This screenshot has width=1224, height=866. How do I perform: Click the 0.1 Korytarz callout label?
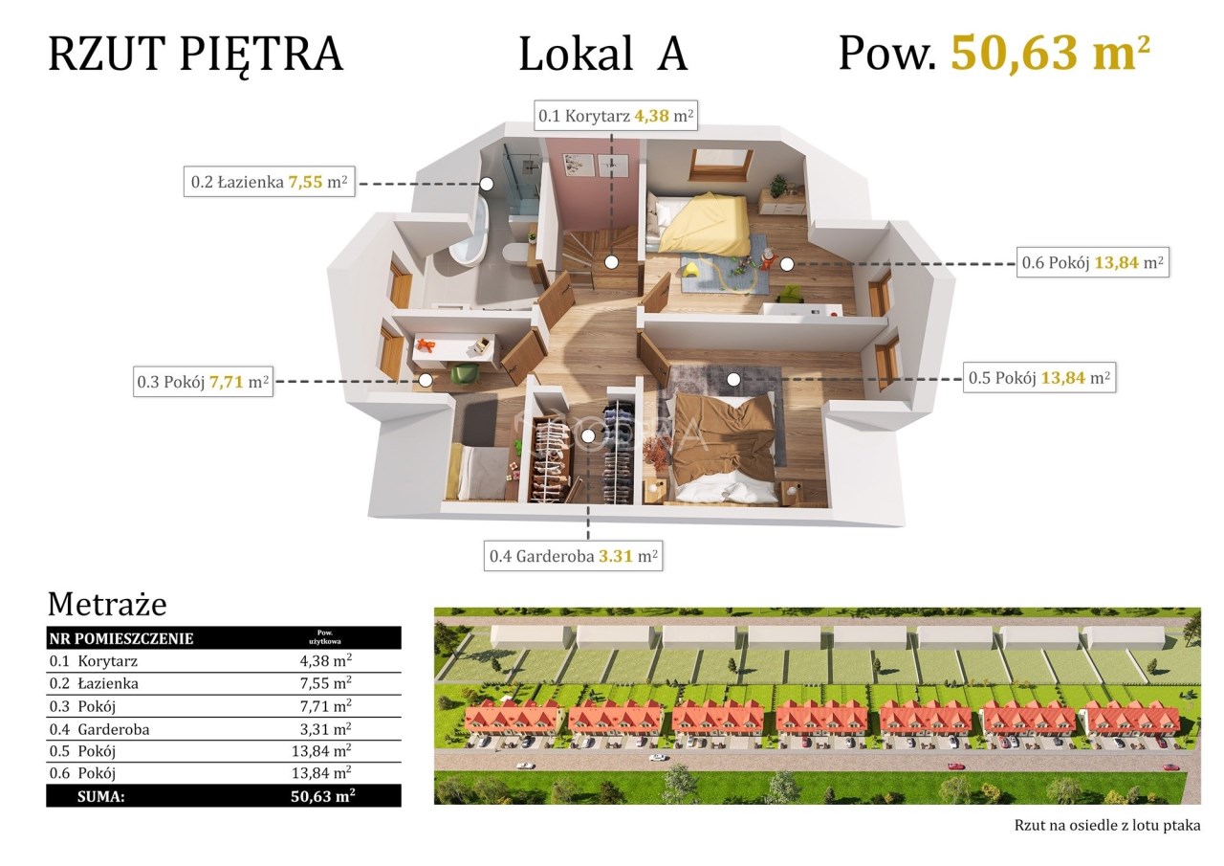pos(615,116)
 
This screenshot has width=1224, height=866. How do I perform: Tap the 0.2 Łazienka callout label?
pos(269,182)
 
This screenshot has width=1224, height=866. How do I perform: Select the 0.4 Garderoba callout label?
pos(573,556)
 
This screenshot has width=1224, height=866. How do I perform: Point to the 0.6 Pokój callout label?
pos(1093,262)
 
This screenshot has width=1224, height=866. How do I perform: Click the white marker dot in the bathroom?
pos(487,184)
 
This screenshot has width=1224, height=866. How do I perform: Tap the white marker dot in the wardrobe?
pos(588,435)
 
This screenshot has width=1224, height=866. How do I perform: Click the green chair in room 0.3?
pos(465,373)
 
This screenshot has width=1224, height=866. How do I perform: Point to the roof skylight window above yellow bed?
pos(722,164)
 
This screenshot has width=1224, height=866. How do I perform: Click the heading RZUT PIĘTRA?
pos(196,56)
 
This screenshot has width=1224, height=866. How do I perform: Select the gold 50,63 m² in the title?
pos(1051,53)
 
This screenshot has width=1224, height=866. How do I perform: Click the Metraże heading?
pos(107,605)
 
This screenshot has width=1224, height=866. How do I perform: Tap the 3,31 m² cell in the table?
pos(325,729)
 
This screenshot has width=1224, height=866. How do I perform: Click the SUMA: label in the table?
pos(101,796)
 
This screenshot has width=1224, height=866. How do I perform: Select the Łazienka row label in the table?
pos(108,683)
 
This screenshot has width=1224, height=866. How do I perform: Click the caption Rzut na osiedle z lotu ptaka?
pos(1107,825)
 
